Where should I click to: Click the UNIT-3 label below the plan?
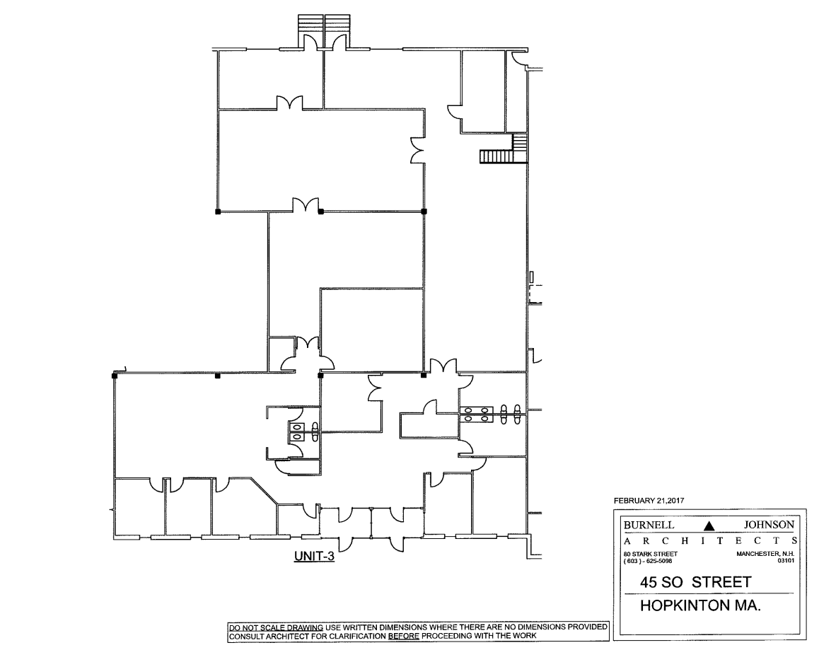[314, 556]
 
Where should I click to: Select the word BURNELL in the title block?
[649, 525]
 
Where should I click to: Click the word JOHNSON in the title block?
[769, 525]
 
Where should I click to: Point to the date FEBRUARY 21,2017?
[649, 501]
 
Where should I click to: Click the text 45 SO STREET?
[696, 582]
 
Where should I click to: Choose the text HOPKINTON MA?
[700, 605]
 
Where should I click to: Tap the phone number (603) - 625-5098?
[648, 561]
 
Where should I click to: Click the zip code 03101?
[786, 561]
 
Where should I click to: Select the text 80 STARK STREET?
[650, 554]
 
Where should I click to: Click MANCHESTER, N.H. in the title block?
[765, 554]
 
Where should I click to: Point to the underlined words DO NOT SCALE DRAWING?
[276, 627]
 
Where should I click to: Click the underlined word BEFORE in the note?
[403, 636]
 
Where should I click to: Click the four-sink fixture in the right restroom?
[477, 414]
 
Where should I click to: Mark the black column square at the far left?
[115, 375]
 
